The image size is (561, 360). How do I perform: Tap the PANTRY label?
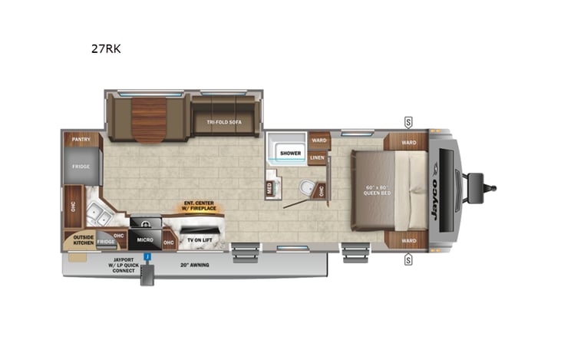coord(82,140)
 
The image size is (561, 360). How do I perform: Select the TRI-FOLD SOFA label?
coord(225,121)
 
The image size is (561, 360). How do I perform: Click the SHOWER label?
coord(290,154)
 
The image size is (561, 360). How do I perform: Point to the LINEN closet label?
coord(317,158)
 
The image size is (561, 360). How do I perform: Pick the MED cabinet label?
coord(270,187)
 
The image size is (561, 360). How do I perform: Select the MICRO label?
coord(146,239)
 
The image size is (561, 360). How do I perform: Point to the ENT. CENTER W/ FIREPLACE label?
coord(198,207)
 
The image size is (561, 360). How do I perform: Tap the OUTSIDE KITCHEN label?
coord(84,239)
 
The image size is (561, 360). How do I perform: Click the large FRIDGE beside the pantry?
coord(82,167)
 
